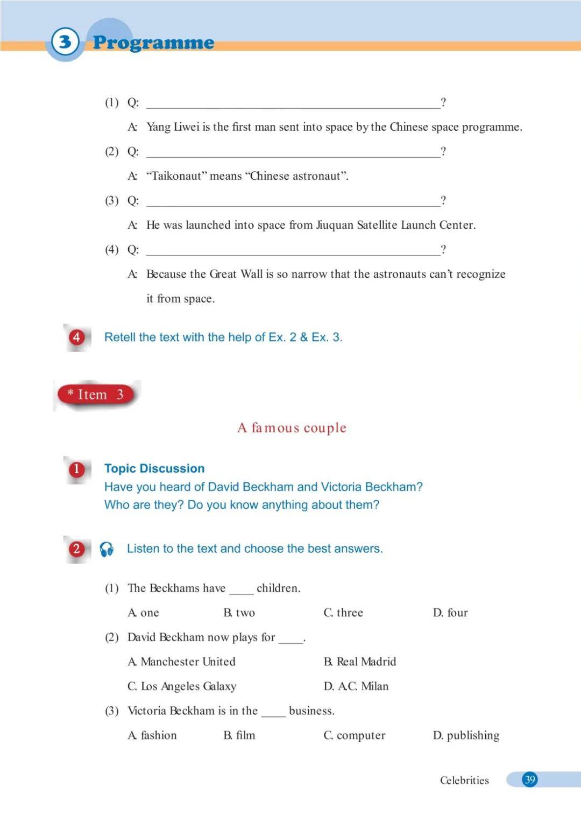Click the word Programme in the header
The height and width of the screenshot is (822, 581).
click(153, 43)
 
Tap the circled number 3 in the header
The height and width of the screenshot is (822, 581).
click(65, 41)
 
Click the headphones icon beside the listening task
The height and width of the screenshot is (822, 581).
click(107, 549)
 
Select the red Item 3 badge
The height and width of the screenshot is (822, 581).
click(96, 395)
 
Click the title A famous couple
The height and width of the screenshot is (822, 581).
click(292, 428)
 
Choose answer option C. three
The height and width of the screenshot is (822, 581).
click(343, 613)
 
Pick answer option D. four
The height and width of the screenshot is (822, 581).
click(450, 613)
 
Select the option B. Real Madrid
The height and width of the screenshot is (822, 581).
click(360, 662)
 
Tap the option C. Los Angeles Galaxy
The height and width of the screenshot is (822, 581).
click(182, 686)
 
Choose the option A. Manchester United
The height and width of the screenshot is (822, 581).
click(182, 662)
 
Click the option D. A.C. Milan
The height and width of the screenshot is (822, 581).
click(356, 686)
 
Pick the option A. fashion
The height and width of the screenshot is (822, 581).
click(152, 735)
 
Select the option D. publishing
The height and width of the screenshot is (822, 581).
click(466, 735)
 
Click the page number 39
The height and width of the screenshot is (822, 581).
click(530, 779)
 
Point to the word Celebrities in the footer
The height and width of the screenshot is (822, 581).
click(464, 781)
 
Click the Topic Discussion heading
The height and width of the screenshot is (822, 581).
click(154, 468)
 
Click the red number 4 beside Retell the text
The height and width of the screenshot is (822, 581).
click(76, 338)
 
